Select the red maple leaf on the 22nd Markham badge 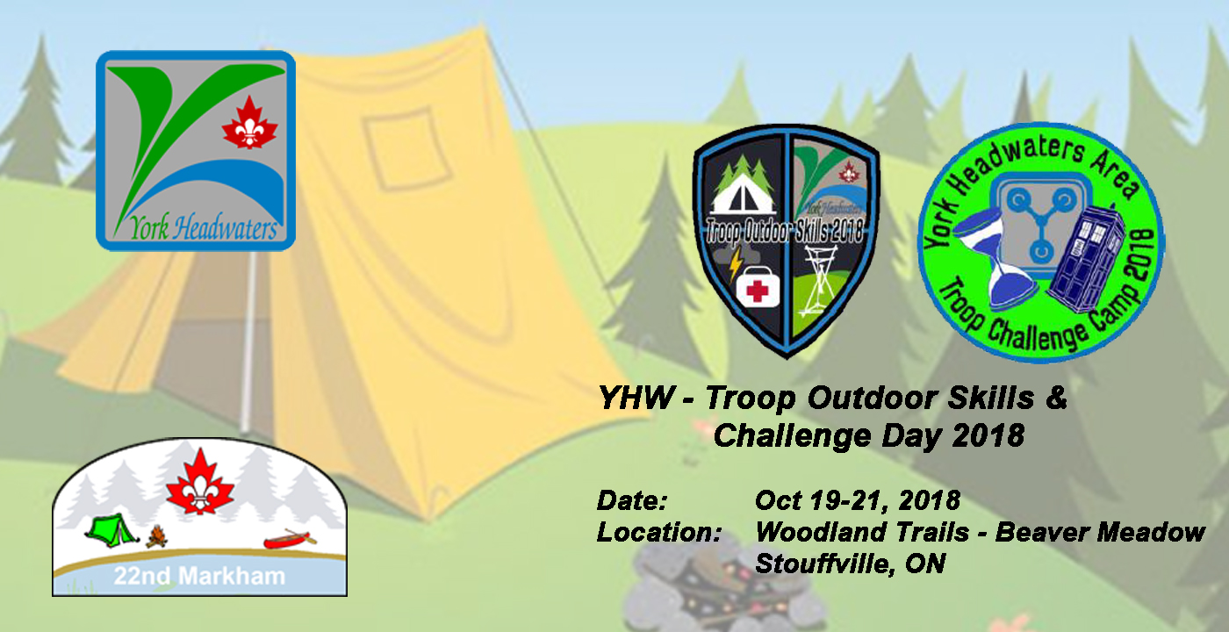[x=199, y=482]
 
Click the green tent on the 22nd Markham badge [x=108, y=528]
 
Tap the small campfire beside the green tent [x=156, y=536]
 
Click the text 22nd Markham [x=199, y=577]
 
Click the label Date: [x=632, y=501]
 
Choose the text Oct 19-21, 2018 [x=857, y=501]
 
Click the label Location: [x=658, y=532]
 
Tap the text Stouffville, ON [x=850, y=564]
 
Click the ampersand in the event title [x=1056, y=398]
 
